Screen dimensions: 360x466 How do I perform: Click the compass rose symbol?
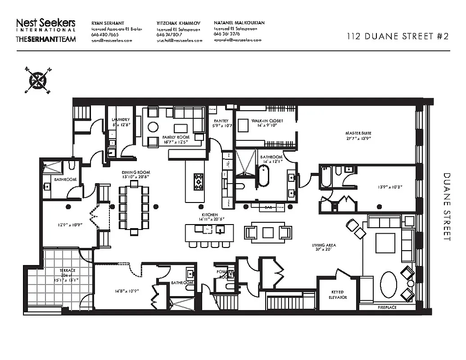[x=38, y=81]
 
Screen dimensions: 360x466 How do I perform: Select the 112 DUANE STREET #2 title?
[x=398, y=37]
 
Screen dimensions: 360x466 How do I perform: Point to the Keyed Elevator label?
[x=338, y=295]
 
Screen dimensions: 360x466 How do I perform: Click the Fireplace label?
[x=388, y=308]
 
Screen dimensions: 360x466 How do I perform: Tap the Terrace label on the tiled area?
[x=68, y=270]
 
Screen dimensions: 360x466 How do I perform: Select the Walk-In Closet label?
[x=267, y=121]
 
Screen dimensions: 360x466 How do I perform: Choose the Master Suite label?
[x=358, y=133]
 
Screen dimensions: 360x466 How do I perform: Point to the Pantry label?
[x=221, y=121]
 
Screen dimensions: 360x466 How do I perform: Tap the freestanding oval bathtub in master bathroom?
[x=263, y=176]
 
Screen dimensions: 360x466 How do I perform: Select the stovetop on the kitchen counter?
[x=199, y=182]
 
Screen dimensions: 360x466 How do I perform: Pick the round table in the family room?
[x=153, y=127]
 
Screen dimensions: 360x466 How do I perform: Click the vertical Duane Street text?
[x=447, y=207]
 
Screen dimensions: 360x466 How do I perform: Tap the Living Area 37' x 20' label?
[x=324, y=248]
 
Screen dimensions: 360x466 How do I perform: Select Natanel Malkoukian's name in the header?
[x=239, y=22]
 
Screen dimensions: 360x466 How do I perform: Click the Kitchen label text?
[x=210, y=215]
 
